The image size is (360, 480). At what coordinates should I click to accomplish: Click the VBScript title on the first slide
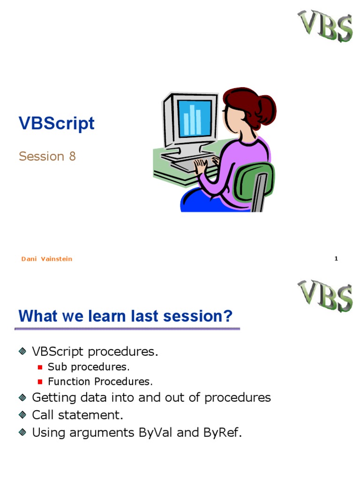click(57, 124)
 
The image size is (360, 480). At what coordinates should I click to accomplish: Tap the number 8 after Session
click(72, 156)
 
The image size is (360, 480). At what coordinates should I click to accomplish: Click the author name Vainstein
click(57, 259)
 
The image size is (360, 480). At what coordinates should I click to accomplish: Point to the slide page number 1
click(336, 259)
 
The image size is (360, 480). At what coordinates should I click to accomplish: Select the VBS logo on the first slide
click(325, 26)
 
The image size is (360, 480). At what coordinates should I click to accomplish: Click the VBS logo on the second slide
click(325, 296)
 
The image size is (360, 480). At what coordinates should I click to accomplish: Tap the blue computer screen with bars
click(195, 118)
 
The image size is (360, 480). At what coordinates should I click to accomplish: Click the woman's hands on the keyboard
click(207, 164)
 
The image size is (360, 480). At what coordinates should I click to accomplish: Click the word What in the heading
click(38, 316)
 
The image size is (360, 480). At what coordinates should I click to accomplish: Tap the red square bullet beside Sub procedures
click(40, 367)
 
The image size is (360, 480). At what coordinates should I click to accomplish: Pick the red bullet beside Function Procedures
click(40, 382)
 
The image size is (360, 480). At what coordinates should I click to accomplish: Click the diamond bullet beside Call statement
click(22, 415)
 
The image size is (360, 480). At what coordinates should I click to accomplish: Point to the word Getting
click(54, 397)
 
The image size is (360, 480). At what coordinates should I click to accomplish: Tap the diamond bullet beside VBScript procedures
click(22, 351)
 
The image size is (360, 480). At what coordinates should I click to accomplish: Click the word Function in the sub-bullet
click(69, 382)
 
